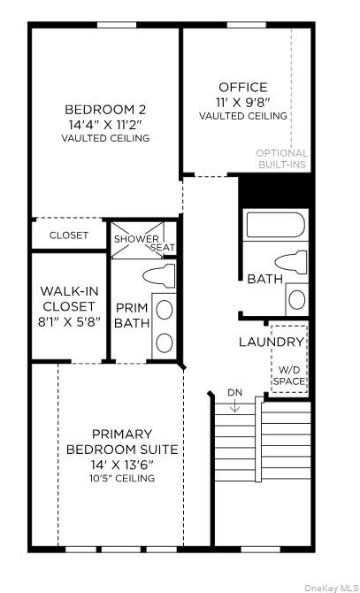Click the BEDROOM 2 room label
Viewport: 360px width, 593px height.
(x=105, y=110)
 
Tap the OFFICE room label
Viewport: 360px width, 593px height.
(x=243, y=88)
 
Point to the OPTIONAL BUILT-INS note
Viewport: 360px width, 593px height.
(x=282, y=158)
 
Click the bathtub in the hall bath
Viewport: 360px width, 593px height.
(x=275, y=225)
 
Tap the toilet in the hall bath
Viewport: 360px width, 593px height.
(x=291, y=262)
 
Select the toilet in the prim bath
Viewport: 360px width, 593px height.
(x=159, y=276)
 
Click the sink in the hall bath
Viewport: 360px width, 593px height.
(x=297, y=299)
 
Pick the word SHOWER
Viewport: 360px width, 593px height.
(x=136, y=239)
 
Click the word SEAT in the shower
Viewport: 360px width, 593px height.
(x=163, y=248)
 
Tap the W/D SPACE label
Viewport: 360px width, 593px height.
(x=289, y=375)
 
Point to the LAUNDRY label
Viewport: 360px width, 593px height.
(x=272, y=343)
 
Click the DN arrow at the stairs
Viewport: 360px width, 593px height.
(x=235, y=405)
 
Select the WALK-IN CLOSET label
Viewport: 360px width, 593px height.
(x=69, y=299)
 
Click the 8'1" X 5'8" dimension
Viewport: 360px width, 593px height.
(x=69, y=322)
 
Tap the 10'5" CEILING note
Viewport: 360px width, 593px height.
(x=122, y=479)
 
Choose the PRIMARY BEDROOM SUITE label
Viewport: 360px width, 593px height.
(x=122, y=442)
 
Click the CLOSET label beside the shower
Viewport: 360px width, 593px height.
(x=69, y=235)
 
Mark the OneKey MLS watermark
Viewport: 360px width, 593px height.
(x=332, y=588)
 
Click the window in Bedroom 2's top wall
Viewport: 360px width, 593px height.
(x=117, y=25)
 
